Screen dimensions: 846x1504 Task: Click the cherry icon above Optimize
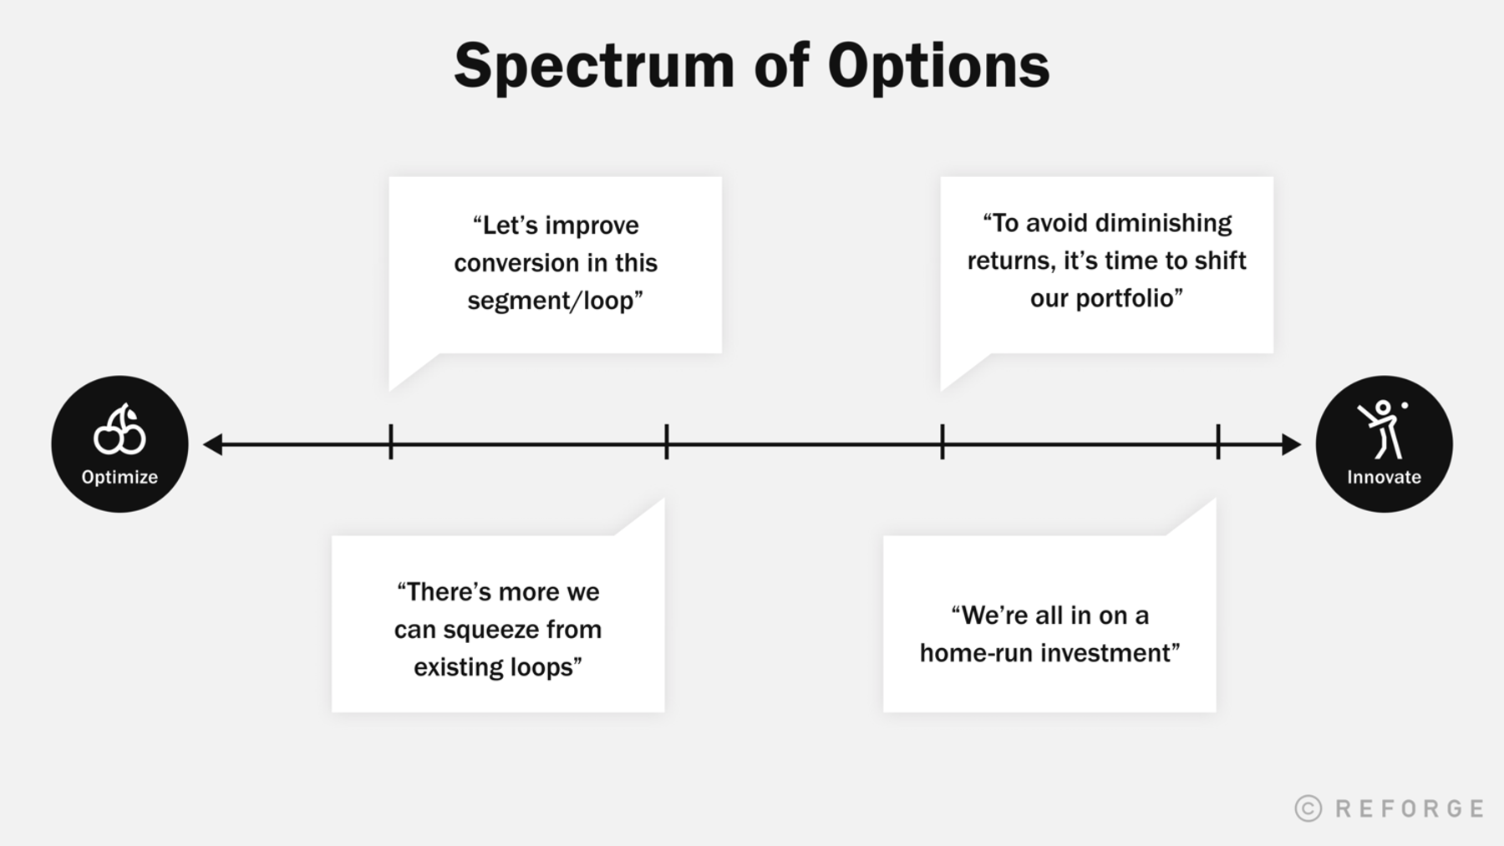119,430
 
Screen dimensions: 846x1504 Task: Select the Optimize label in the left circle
119,477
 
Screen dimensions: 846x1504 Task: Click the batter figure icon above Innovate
1383,428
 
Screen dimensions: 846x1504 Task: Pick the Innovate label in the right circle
1384,477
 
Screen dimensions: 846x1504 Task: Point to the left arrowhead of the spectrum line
213,444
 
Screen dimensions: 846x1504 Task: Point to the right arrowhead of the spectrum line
1291,444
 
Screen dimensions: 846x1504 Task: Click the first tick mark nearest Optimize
391,442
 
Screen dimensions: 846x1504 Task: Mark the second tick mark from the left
667,442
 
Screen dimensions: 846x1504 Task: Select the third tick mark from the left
943,442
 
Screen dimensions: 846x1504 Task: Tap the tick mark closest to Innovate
1218,442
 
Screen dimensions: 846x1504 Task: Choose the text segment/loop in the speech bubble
551,301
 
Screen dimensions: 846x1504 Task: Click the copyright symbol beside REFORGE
1308,808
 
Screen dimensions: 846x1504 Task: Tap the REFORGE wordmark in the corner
1410,808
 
